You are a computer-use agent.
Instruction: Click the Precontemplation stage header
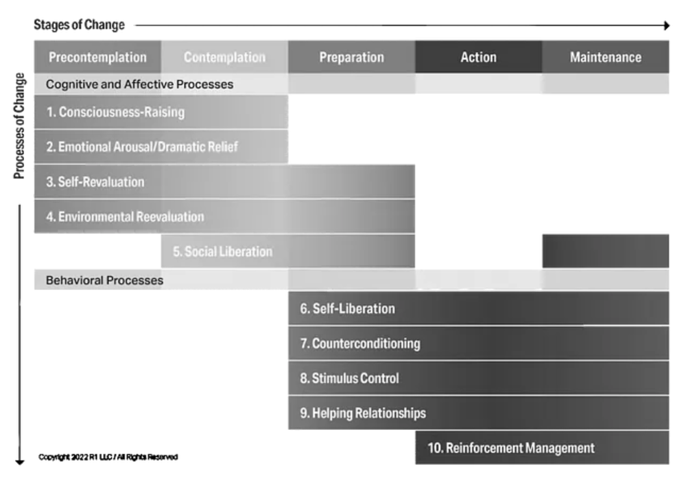(x=97, y=58)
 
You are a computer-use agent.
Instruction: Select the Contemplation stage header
(x=224, y=58)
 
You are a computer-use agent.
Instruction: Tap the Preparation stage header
(x=351, y=58)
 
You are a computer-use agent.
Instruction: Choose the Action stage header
(x=478, y=58)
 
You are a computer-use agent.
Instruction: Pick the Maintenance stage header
(x=605, y=58)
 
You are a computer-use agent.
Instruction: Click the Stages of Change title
(x=79, y=25)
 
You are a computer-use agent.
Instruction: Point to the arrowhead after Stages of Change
(x=665, y=26)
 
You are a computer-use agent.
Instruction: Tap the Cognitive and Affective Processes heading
(x=139, y=84)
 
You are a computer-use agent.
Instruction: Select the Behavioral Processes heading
(x=104, y=280)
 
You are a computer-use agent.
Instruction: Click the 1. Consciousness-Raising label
(x=115, y=112)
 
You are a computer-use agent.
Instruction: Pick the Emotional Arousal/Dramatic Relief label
(x=142, y=147)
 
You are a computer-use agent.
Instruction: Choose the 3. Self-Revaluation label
(x=95, y=182)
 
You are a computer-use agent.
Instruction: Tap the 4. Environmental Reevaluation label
(x=125, y=217)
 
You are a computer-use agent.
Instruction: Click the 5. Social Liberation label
(x=222, y=252)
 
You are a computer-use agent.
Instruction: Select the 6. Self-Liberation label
(x=347, y=309)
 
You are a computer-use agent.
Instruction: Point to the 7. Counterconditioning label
(x=359, y=344)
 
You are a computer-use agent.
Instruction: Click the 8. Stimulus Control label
(x=349, y=379)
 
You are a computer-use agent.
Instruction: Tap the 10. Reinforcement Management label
(x=511, y=449)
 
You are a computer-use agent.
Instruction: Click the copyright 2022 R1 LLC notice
(x=108, y=457)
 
